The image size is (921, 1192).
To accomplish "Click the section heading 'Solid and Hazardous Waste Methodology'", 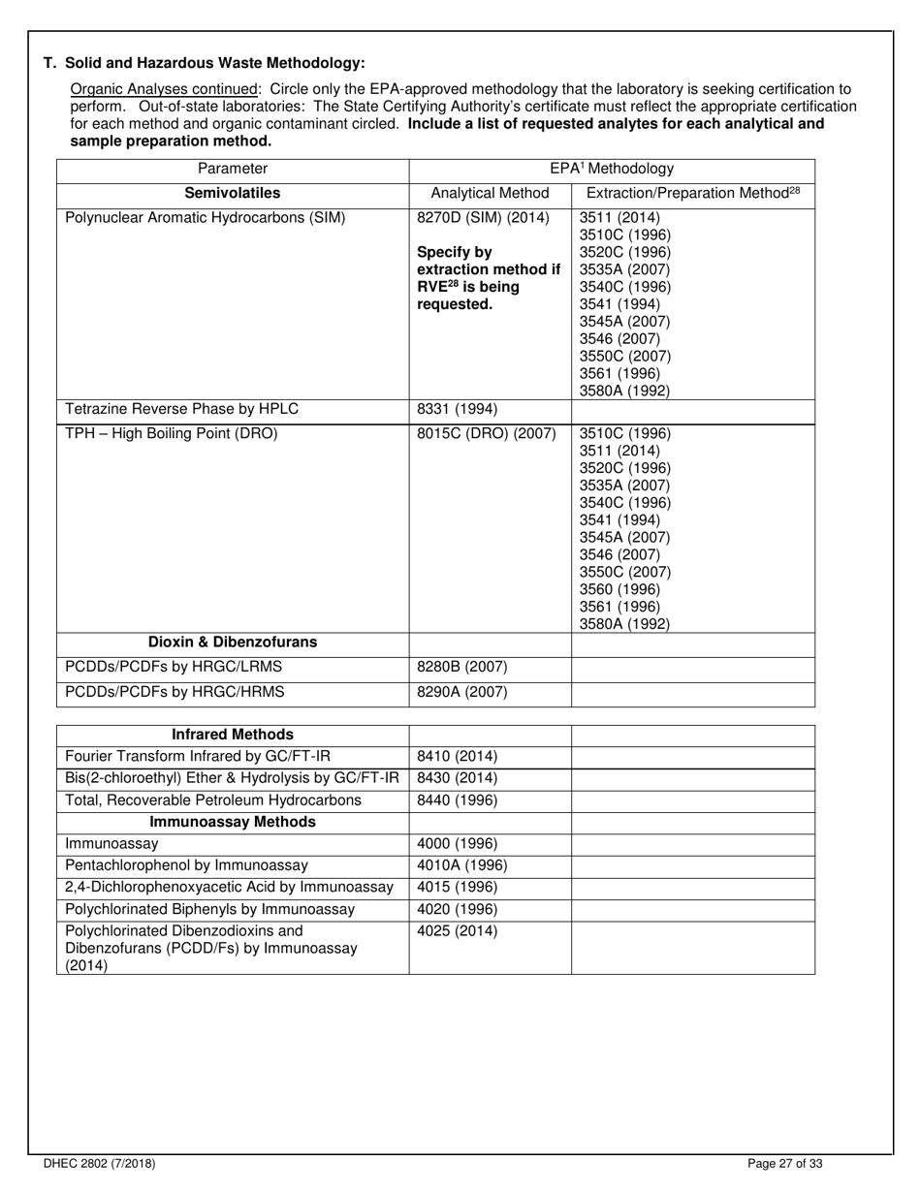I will [x=205, y=63].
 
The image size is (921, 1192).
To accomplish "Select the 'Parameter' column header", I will [x=233, y=169].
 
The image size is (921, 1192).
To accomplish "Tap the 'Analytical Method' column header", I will [x=490, y=193].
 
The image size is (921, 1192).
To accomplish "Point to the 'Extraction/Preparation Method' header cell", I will [x=693, y=193].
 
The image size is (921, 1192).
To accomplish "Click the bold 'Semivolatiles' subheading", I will [x=233, y=193].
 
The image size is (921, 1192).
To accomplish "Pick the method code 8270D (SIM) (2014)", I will [x=483, y=217].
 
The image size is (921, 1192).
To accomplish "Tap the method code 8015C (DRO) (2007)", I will [x=486, y=433].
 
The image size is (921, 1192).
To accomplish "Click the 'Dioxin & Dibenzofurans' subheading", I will [x=233, y=643].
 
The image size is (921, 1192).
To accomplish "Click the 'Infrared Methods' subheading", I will [x=233, y=735].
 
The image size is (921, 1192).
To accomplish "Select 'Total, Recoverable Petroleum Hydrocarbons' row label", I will [x=212, y=800].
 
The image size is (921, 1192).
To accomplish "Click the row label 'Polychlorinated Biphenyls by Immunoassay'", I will [x=209, y=909].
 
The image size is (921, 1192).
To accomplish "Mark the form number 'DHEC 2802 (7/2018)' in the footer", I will [x=99, y=1164].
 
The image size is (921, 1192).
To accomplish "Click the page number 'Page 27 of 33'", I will [x=785, y=1164].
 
